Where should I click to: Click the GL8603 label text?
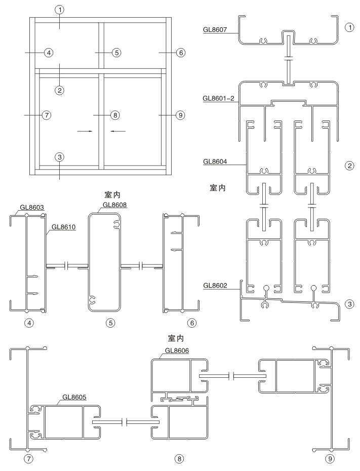tap(31, 207)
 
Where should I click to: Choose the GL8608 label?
tap(115, 205)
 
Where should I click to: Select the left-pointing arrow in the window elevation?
tap(117, 131)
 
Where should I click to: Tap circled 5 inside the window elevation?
tap(116, 52)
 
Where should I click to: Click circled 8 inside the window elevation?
tap(115, 115)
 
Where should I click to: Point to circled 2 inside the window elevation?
tap(60, 90)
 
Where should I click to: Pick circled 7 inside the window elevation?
tap(47, 115)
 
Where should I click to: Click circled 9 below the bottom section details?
tap(330, 459)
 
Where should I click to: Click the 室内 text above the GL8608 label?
tap(111, 194)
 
